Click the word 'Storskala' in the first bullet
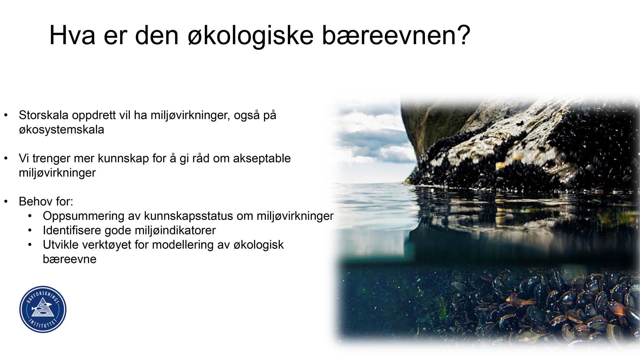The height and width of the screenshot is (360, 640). [x=44, y=115]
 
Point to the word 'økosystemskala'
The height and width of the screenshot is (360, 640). [x=61, y=130]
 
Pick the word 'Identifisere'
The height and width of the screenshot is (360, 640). [x=72, y=230]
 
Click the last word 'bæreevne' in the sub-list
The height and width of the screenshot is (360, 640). [x=69, y=259]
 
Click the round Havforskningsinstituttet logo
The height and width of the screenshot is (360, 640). [x=43, y=309]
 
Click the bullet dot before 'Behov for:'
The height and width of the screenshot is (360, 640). [x=6, y=202]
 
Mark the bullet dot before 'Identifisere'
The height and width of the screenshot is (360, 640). [x=30, y=230]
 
